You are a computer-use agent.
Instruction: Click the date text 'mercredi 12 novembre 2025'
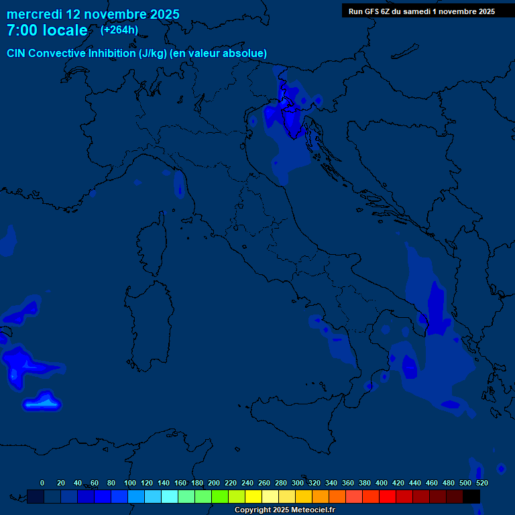point(93,14)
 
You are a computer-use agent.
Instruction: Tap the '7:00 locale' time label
point(47,30)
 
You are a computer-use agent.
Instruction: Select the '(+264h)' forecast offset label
point(119,30)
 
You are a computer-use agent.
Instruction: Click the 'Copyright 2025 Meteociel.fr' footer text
point(284,510)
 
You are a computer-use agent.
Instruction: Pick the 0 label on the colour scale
point(42,483)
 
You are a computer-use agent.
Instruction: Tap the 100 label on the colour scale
point(130,483)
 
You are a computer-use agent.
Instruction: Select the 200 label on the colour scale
point(214,483)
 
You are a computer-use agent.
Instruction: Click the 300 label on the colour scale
point(298,483)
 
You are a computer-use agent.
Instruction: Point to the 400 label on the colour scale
point(382,483)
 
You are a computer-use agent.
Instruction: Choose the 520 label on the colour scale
point(481,483)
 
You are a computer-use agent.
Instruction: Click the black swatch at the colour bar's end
point(471,496)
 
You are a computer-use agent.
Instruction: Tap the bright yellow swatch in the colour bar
point(253,496)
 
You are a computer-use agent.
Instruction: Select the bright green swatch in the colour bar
point(220,496)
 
